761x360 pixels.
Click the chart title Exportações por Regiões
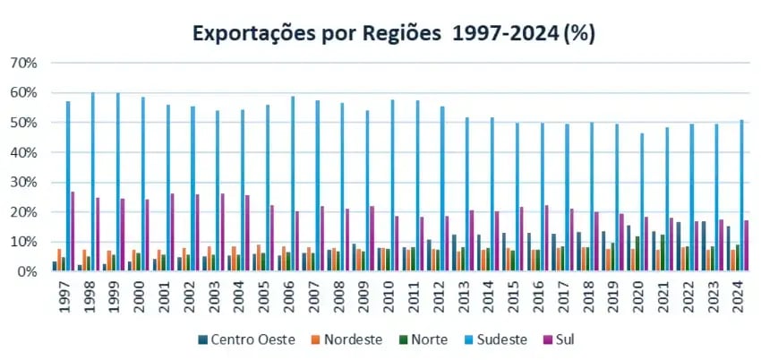[394, 33]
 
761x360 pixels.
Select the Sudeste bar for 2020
[640, 201]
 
